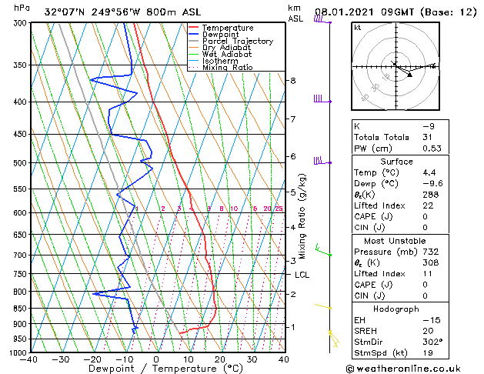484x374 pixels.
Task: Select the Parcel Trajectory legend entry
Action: [237, 42]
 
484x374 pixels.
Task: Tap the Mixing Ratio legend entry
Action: [227, 68]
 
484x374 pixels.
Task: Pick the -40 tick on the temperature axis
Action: [30, 359]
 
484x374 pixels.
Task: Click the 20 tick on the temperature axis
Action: [219, 359]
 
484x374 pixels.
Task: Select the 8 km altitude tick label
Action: [293, 81]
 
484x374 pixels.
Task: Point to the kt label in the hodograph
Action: [358, 28]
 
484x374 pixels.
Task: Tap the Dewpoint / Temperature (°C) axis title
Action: [156, 369]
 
